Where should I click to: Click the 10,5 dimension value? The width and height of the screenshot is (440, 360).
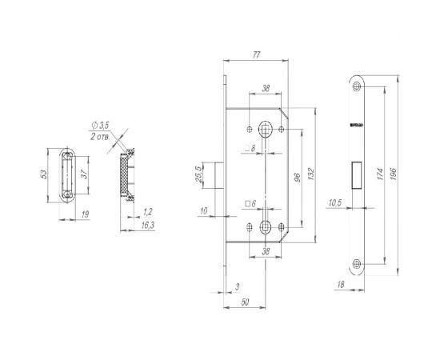click(334, 202)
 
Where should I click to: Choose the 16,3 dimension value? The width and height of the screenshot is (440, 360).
click(147, 226)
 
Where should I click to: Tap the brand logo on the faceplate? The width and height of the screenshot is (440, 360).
click(357, 126)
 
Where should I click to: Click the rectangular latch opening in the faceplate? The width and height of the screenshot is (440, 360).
click(357, 174)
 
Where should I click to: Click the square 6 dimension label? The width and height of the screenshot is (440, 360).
click(250, 205)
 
